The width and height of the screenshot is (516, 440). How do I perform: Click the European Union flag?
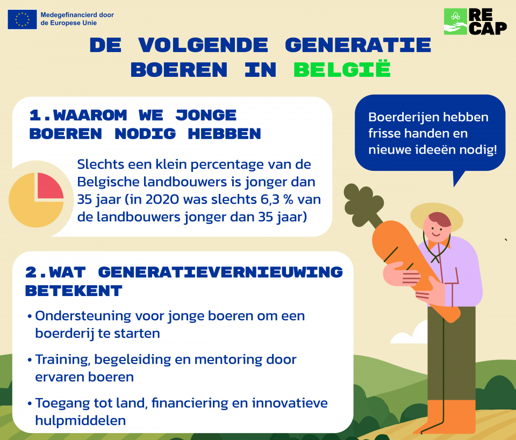22,19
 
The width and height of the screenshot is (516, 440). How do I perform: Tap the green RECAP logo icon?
455,21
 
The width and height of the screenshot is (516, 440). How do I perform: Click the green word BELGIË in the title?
342,69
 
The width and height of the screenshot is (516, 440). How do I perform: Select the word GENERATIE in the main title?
358,45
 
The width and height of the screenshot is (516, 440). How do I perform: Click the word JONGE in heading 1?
206,115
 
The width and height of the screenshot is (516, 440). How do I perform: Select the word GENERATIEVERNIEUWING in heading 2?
220,272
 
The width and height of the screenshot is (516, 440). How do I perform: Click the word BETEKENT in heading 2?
74,291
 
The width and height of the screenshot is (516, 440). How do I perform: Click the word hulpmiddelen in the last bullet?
81,420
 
